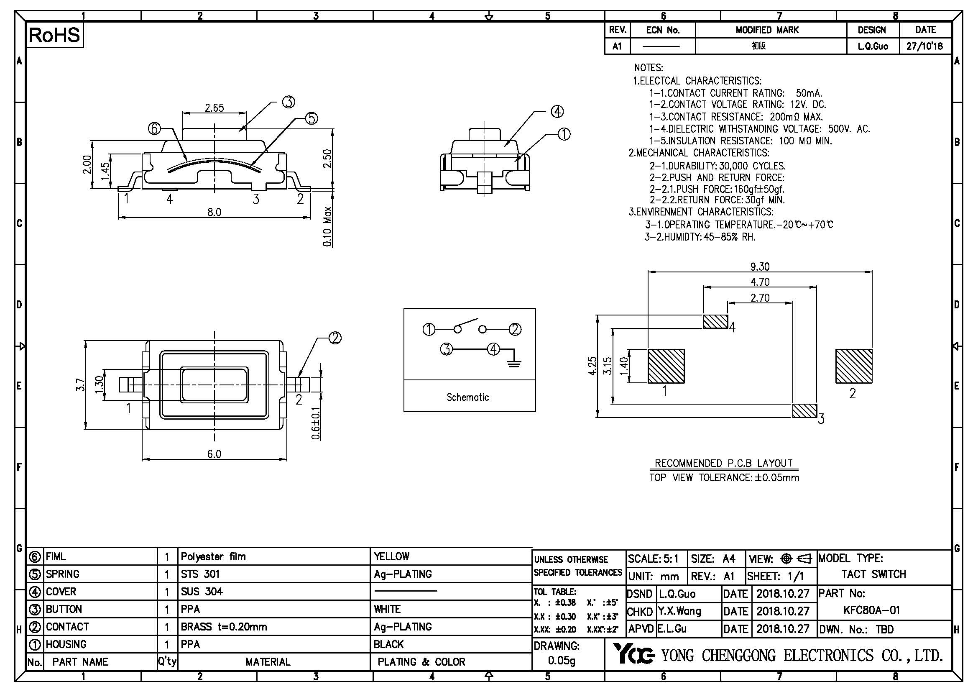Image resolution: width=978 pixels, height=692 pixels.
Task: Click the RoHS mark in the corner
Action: (54, 35)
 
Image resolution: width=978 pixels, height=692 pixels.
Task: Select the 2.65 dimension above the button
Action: (214, 108)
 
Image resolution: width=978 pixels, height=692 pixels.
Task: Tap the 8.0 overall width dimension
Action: (214, 212)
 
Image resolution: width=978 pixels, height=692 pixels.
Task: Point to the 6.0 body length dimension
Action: (214, 454)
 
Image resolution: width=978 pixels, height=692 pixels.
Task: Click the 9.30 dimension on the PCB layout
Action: (759, 267)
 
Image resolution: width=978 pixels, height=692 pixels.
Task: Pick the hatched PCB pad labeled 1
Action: (666, 366)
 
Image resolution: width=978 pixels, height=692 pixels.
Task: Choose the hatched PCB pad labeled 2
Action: (854, 366)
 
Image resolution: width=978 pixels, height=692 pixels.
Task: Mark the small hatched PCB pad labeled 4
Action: (715, 321)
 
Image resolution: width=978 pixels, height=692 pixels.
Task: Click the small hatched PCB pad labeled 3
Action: (804, 410)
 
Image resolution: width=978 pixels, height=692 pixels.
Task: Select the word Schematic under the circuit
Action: (467, 397)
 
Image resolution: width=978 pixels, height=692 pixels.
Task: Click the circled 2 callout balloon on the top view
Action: (335, 338)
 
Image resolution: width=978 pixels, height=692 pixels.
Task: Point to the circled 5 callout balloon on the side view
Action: (312, 118)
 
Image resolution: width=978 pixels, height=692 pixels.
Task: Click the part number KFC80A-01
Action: (871, 610)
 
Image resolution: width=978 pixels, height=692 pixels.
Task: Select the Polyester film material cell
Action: (213, 556)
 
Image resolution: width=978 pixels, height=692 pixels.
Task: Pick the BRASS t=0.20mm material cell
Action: (224, 627)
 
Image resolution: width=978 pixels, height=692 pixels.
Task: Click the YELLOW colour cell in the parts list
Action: (391, 556)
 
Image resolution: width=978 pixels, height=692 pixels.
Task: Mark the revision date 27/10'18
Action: (925, 46)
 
